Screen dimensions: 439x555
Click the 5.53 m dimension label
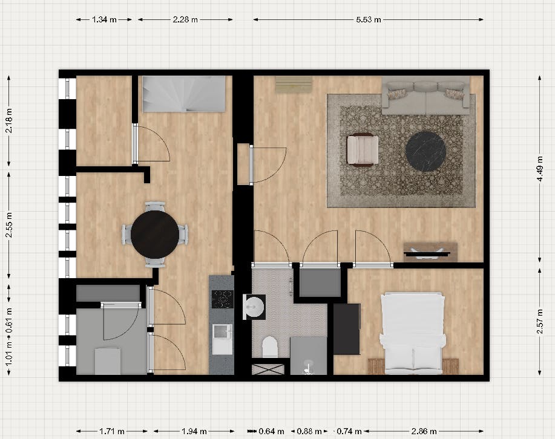click(x=369, y=19)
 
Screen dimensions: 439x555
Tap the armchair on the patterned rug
click(x=363, y=149)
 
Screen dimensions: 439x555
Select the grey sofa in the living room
click(x=426, y=98)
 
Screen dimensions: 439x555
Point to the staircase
click(x=184, y=94)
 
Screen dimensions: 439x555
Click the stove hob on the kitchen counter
click(x=222, y=299)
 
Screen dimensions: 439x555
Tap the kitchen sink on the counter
click(x=222, y=332)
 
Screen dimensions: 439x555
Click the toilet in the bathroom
click(x=269, y=347)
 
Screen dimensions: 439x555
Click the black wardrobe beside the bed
click(x=347, y=329)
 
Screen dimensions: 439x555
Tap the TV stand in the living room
click(x=430, y=250)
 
